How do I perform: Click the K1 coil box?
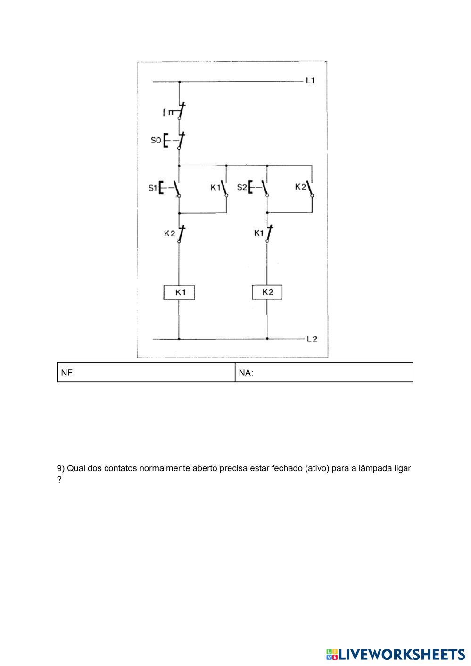pos(179,292)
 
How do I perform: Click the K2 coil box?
pos(267,292)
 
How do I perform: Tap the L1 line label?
pos(310,81)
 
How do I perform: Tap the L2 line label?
pos(312,339)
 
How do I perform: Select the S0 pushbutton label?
pos(156,140)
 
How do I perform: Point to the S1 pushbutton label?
pos(152,188)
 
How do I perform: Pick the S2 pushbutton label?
pos(241,187)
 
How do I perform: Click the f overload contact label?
pos(164,112)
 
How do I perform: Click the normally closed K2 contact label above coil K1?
pos(169,233)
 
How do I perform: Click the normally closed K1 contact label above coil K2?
pos(259,233)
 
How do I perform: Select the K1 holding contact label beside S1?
pos(215,187)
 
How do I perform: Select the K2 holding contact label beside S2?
pos(300,187)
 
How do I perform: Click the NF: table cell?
pos(146,373)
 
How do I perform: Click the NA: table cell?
pos(324,373)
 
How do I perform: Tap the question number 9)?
pos(61,468)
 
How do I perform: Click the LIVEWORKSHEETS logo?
pos(395,654)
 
